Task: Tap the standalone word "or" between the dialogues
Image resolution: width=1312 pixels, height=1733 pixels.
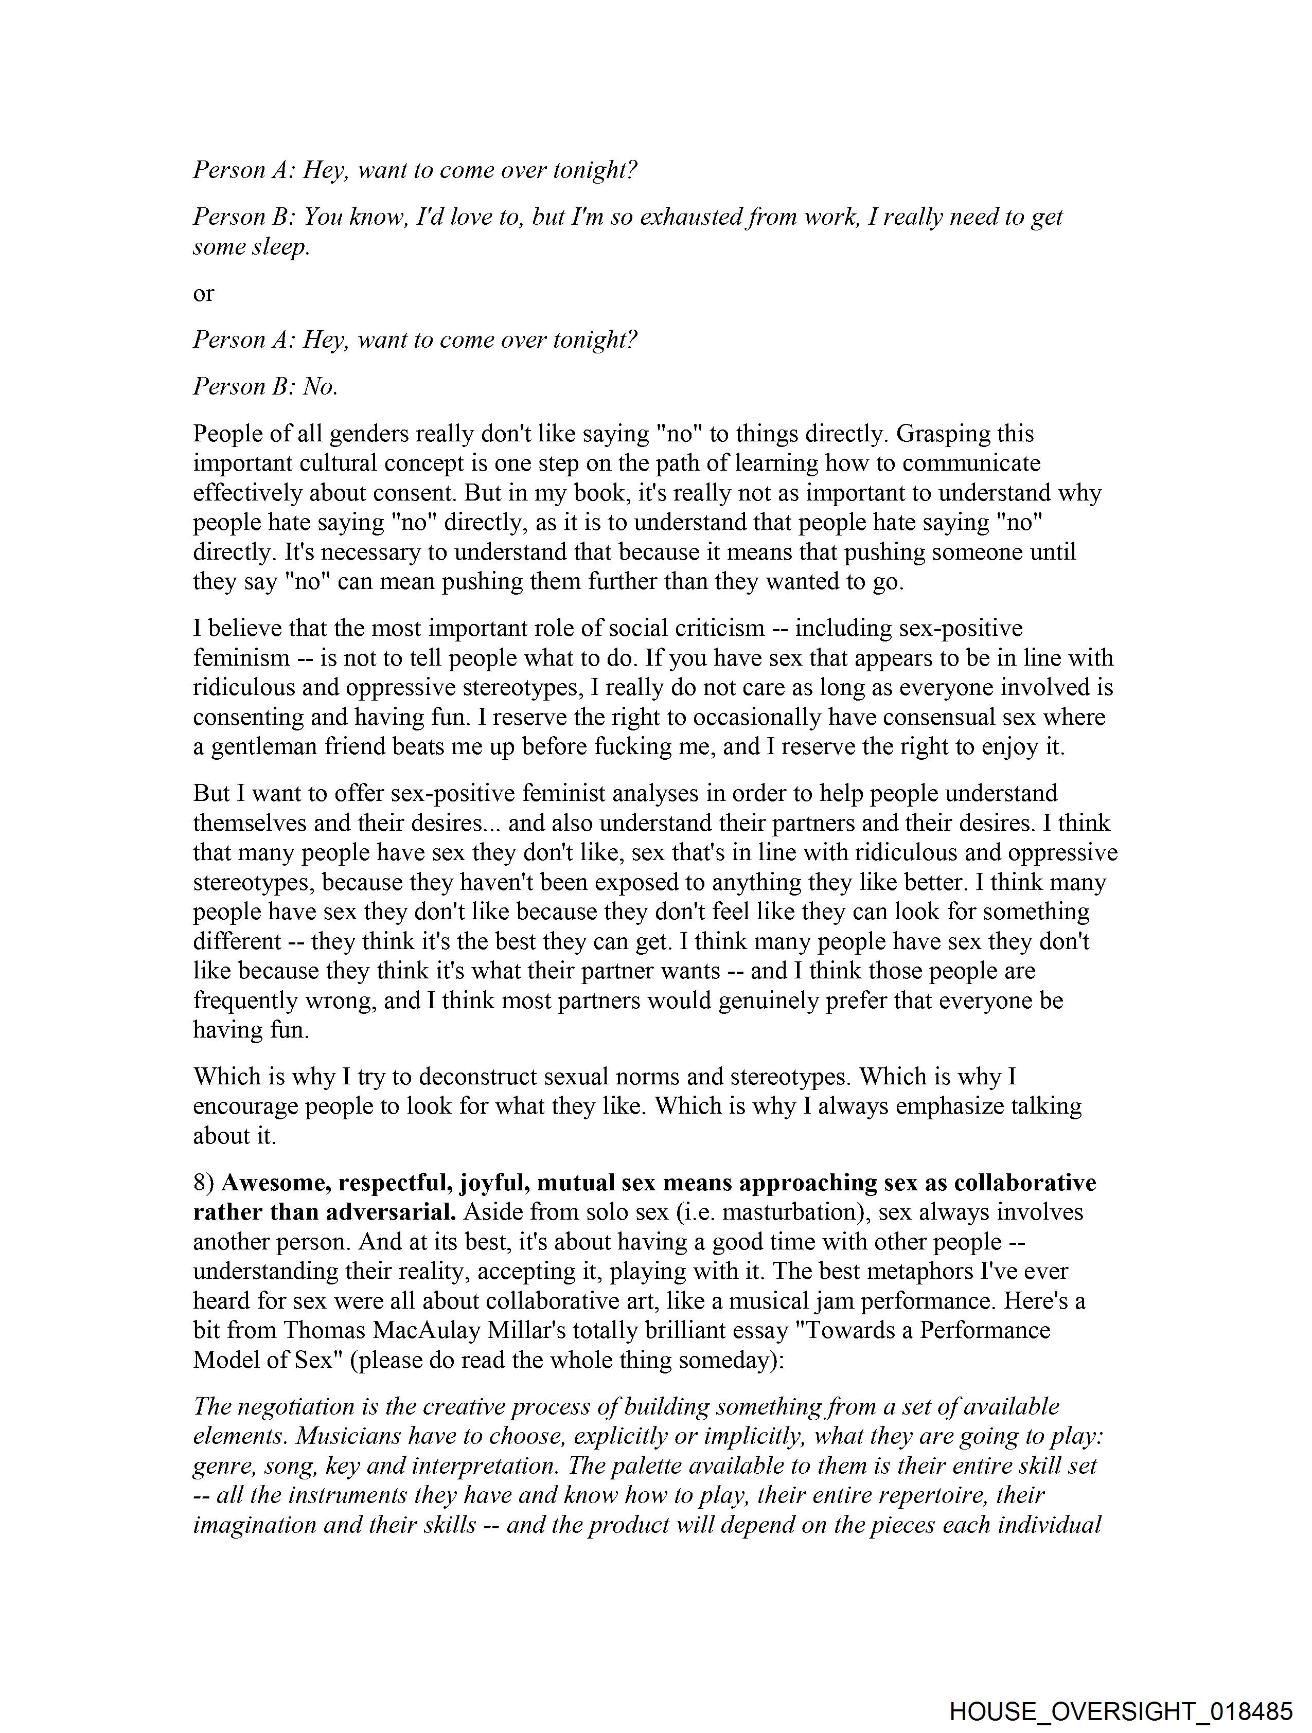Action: click(x=203, y=293)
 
